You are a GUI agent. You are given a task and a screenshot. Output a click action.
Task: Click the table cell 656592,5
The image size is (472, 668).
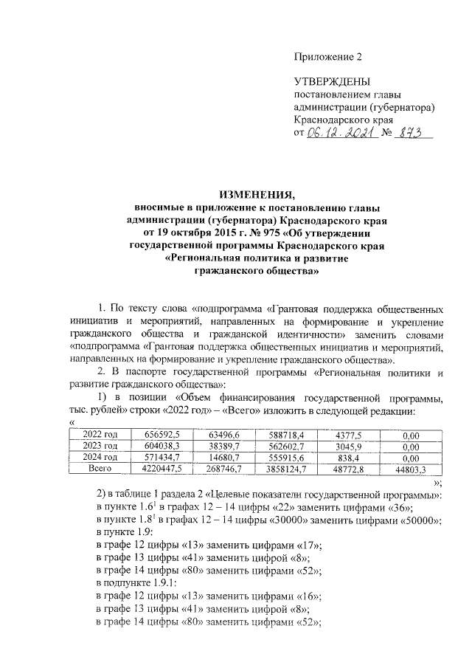point(158,435)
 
